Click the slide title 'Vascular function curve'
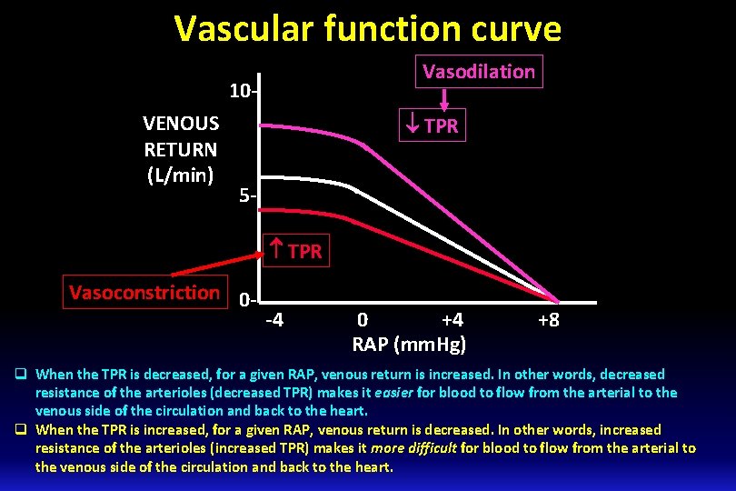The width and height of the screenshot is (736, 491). tap(368, 29)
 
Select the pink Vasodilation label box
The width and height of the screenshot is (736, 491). tap(479, 71)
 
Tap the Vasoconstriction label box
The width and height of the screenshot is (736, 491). tap(145, 293)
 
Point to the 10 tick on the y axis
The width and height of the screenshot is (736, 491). tap(244, 91)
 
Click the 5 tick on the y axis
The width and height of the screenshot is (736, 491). tap(245, 195)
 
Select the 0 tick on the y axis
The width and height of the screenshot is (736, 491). tap(246, 299)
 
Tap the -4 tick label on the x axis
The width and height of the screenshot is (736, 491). tap(274, 320)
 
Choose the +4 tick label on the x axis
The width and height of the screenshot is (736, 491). tap(452, 320)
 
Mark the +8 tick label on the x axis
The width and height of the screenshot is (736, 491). tap(548, 320)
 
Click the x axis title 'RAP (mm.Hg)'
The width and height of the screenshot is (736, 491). tap(409, 344)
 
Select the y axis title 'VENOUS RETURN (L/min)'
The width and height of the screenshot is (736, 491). tap(180, 148)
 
